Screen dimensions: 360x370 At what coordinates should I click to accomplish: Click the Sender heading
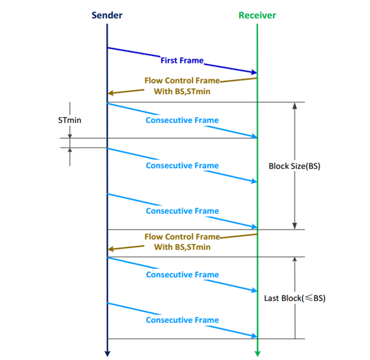click(107, 16)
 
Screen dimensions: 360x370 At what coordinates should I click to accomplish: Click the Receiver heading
click(258, 16)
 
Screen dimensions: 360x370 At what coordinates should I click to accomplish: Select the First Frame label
click(182, 59)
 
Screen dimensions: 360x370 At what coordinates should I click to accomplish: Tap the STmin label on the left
click(69, 121)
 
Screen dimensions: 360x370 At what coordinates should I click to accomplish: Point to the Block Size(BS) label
click(295, 166)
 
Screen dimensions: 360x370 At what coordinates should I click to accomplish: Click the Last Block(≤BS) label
click(295, 298)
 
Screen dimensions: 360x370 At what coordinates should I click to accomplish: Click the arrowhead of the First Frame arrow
click(254, 72)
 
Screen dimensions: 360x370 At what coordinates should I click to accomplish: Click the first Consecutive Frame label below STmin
click(182, 120)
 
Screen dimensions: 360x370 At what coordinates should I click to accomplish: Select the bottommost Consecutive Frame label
click(182, 320)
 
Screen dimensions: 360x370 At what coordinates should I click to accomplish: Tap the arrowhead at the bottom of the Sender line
click(107, 353)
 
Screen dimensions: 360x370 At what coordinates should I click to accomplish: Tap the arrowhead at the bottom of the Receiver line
click(258, 353)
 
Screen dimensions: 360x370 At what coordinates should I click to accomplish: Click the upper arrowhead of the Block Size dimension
click(295, 106)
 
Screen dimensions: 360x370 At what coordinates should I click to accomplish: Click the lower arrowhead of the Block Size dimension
click(295, 226)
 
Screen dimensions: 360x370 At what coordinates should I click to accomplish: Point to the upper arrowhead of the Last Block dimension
click(295, 261)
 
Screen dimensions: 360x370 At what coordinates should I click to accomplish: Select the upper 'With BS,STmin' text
click(182, 91)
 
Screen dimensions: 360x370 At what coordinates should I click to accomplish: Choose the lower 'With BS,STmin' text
click(182, 247)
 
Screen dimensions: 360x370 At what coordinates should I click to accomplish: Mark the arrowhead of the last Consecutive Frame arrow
click(254, 336)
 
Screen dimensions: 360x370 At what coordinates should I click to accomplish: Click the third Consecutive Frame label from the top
click(182, 211)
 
